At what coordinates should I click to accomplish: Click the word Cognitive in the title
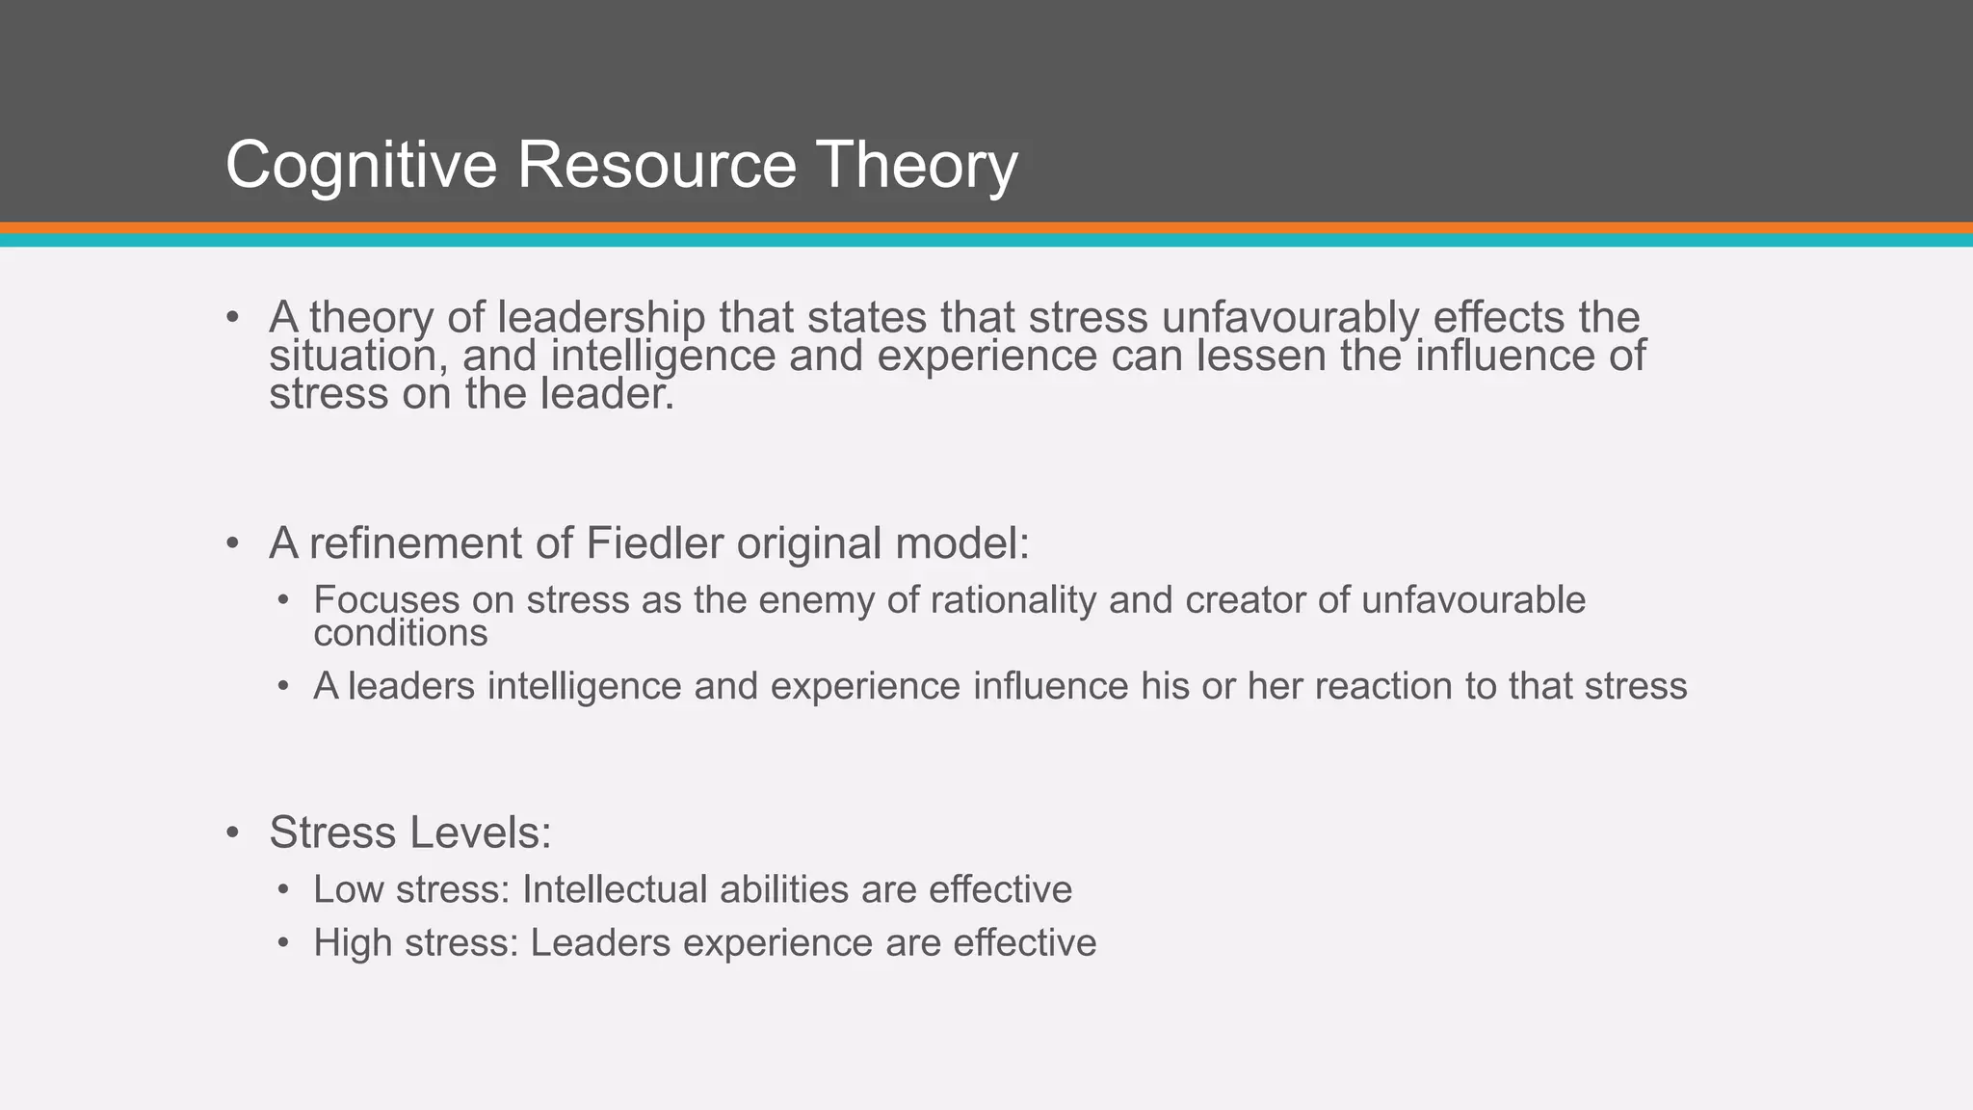tap(360, 166)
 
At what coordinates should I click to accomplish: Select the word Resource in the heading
tap(657, 166)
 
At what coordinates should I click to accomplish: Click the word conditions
tap(401, 633)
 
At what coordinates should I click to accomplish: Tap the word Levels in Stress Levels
tap(487, 832)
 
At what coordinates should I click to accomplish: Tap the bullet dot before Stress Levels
tap(232, 832)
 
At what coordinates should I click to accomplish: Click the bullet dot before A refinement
tap(232, 543)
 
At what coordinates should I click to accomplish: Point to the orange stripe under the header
tap(986, 228)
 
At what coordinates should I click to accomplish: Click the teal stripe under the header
tap(986, 241)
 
